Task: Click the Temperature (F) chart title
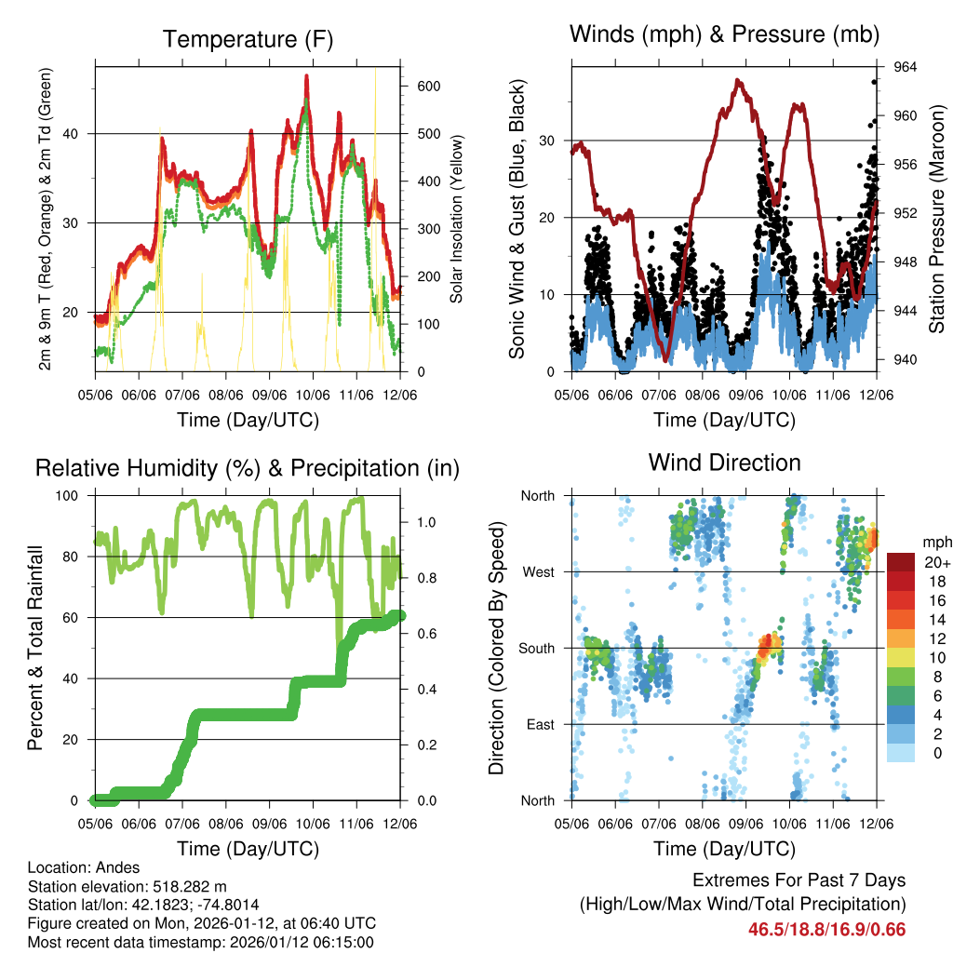[248, 39]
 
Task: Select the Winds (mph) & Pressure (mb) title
[724, 34]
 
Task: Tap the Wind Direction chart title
[724, 463]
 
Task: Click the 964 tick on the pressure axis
[906, 67]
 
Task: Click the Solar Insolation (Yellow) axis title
[457, 220]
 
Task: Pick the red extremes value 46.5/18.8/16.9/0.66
[826, 929]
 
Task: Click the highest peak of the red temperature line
[306, 77]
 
